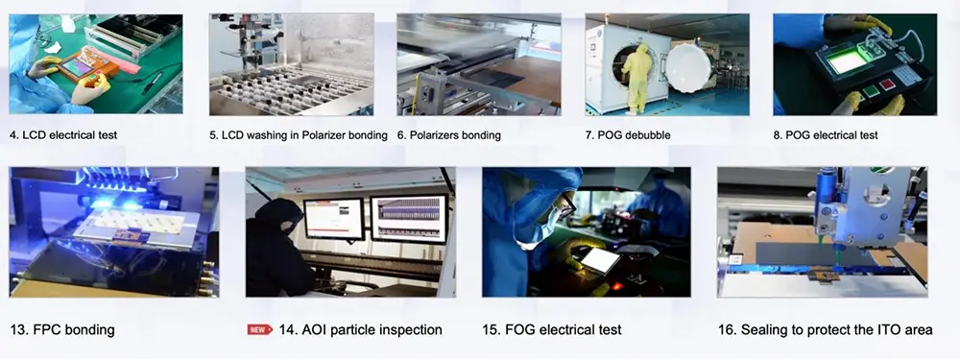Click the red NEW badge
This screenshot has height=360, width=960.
pos(259,330)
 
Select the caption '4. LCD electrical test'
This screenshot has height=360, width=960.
pos(63,134)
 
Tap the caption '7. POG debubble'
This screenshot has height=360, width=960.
pos(628,134)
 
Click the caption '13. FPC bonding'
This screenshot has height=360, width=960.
pos(62,330)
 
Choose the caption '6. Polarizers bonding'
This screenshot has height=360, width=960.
pos(448,134)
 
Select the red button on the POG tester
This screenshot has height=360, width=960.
pos(886,84)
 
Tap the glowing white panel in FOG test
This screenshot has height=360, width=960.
pos(599,259)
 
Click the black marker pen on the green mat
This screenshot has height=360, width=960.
pos(152,83)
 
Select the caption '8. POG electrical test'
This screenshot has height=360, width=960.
pos(826,134)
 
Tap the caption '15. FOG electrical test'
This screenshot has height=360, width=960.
pos(552,330)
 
